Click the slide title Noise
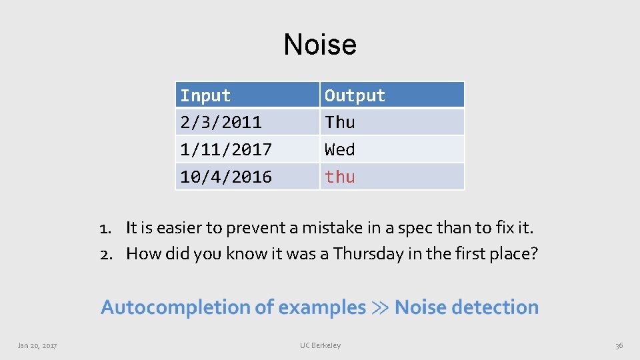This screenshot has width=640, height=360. (320, 45)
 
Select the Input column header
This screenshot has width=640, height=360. (205, 95)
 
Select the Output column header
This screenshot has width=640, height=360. (355, 95)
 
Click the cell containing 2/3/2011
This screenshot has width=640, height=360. (221, 122)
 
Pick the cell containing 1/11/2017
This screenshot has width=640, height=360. (225, 149)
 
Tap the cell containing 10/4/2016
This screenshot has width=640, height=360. (225, 177)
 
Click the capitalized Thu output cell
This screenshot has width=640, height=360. (340, 122)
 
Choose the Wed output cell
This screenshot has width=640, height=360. (340, 149)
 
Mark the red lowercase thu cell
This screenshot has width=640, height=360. (340, 177)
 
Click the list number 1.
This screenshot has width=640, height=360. (105, 228)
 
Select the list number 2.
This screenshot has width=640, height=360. (105, 254)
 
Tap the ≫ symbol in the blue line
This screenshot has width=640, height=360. (380, 308)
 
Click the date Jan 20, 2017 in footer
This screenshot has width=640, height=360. (37, 345)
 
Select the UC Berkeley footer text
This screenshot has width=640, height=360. (320, 345)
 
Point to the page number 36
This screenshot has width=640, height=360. (619, 345)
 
